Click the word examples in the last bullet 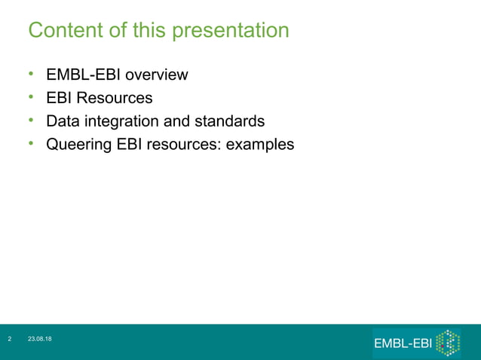click(260, 144)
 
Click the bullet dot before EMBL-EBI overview click(32, 74)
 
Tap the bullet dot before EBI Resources click(32, 97)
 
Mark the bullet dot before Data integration click(32, 120)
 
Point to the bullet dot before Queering click(32, 143)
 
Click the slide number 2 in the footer click(10, 340)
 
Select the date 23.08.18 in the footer click(40, 340)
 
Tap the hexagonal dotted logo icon click(448, 343)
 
